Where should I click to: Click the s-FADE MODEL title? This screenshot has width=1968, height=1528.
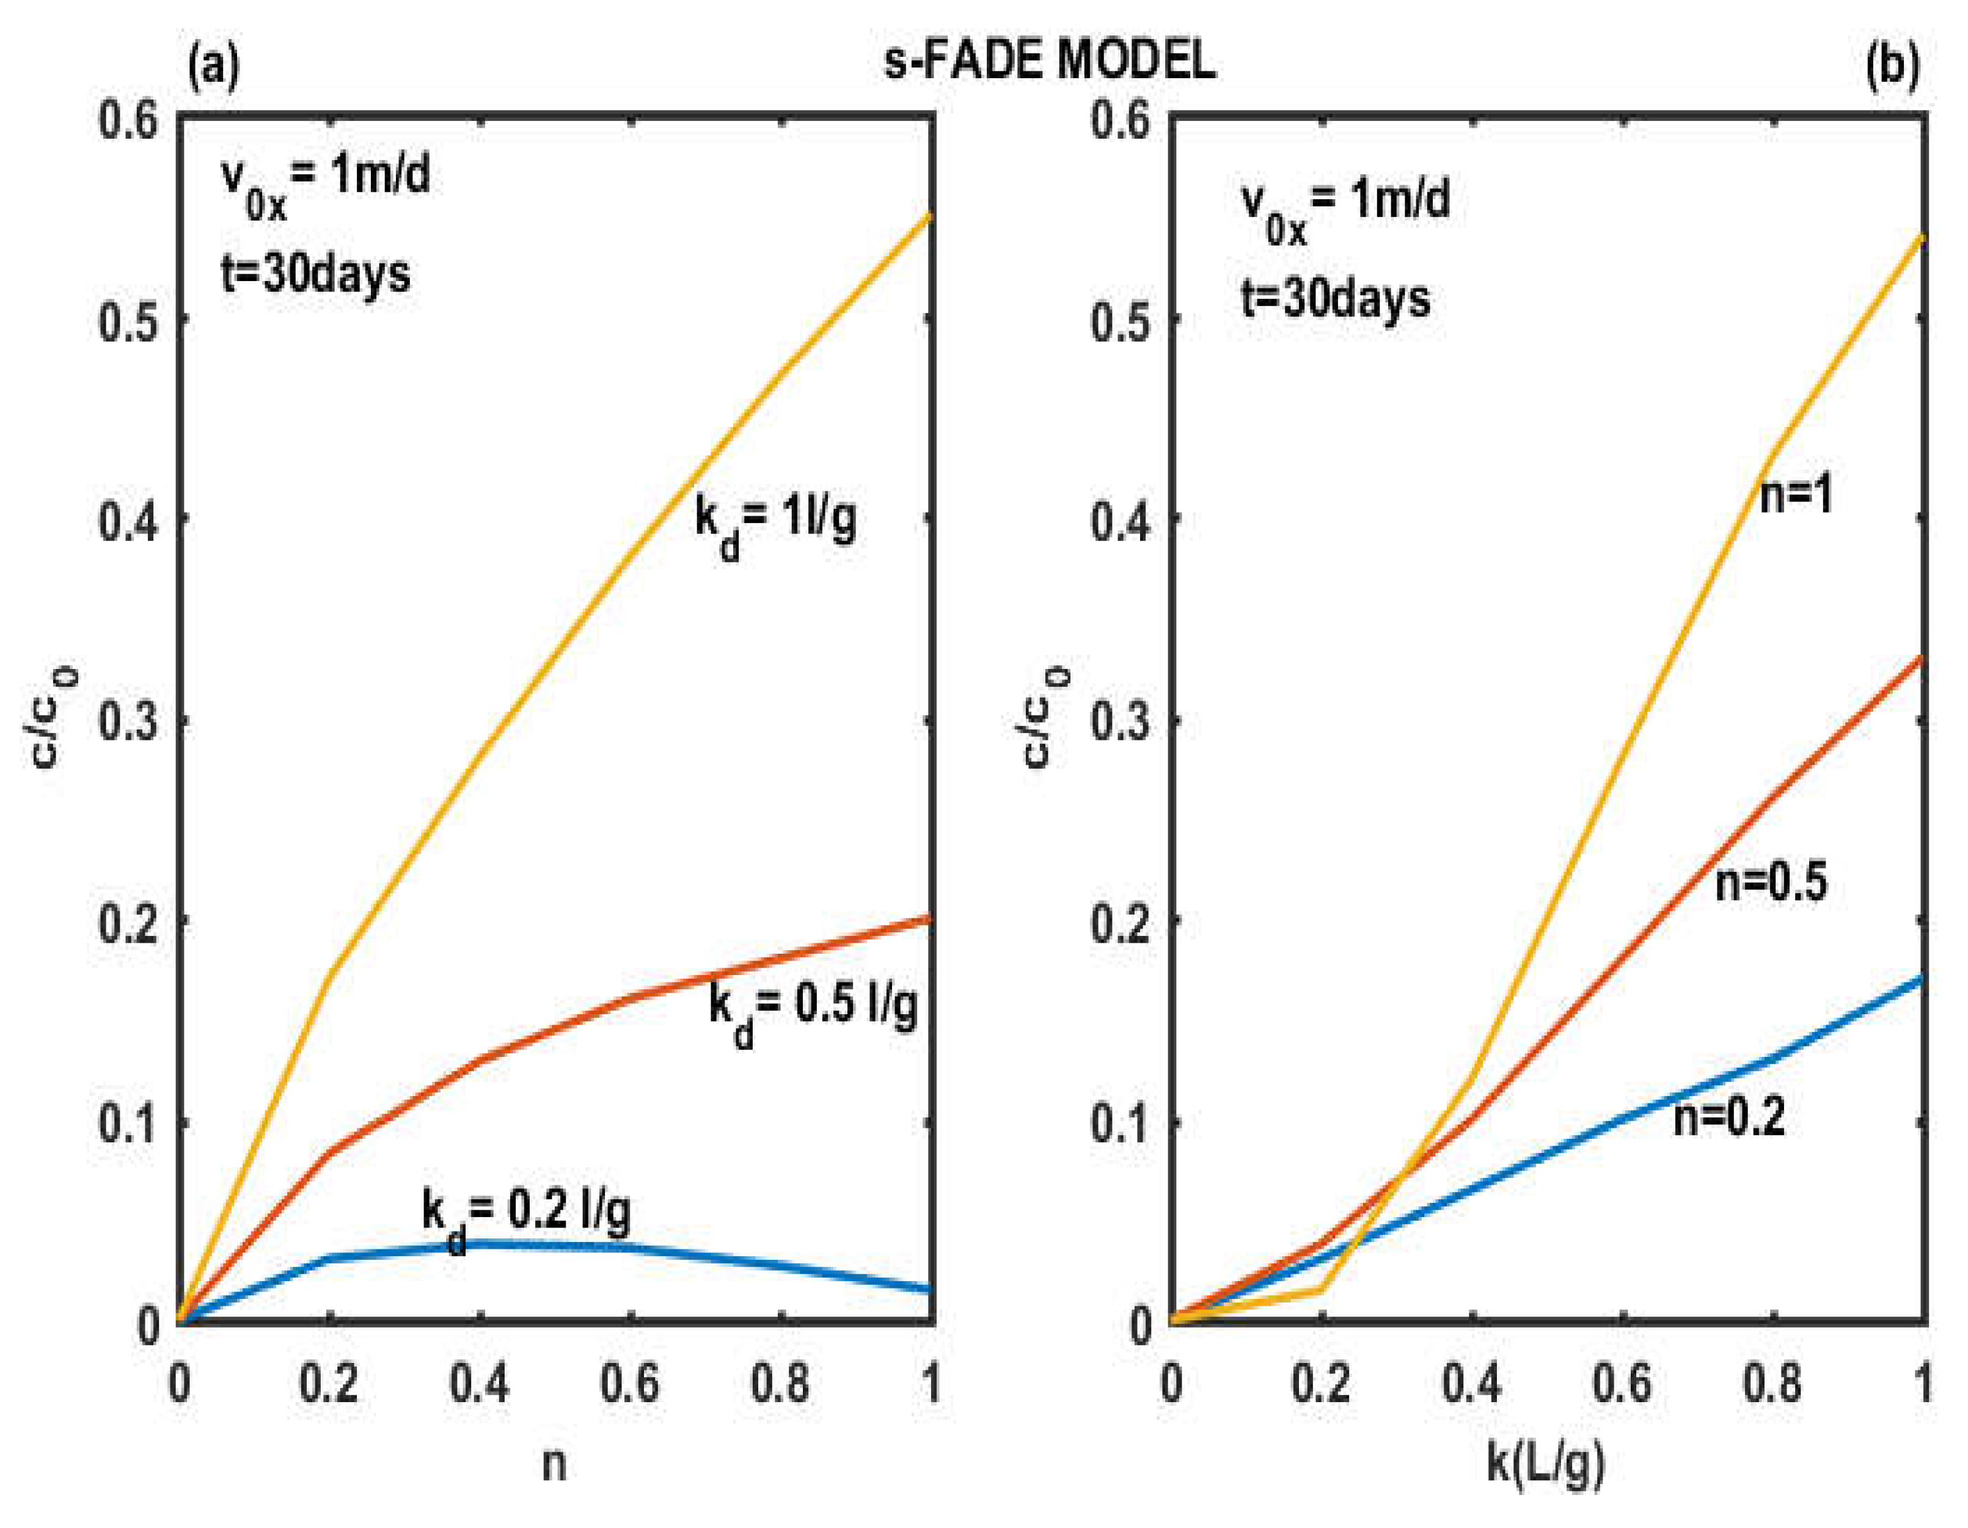[x=1049, y=61]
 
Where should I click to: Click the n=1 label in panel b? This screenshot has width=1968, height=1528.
[x=1796, y=495]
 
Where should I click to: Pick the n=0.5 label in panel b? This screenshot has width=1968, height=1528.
[x=1771, y=882]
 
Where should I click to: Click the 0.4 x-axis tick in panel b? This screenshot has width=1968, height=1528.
[x=1471, y=1383]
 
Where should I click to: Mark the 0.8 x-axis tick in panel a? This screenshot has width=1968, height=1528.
[x=780, y=1383]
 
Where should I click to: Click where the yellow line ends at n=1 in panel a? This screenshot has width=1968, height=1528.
[x=929, y=215]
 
